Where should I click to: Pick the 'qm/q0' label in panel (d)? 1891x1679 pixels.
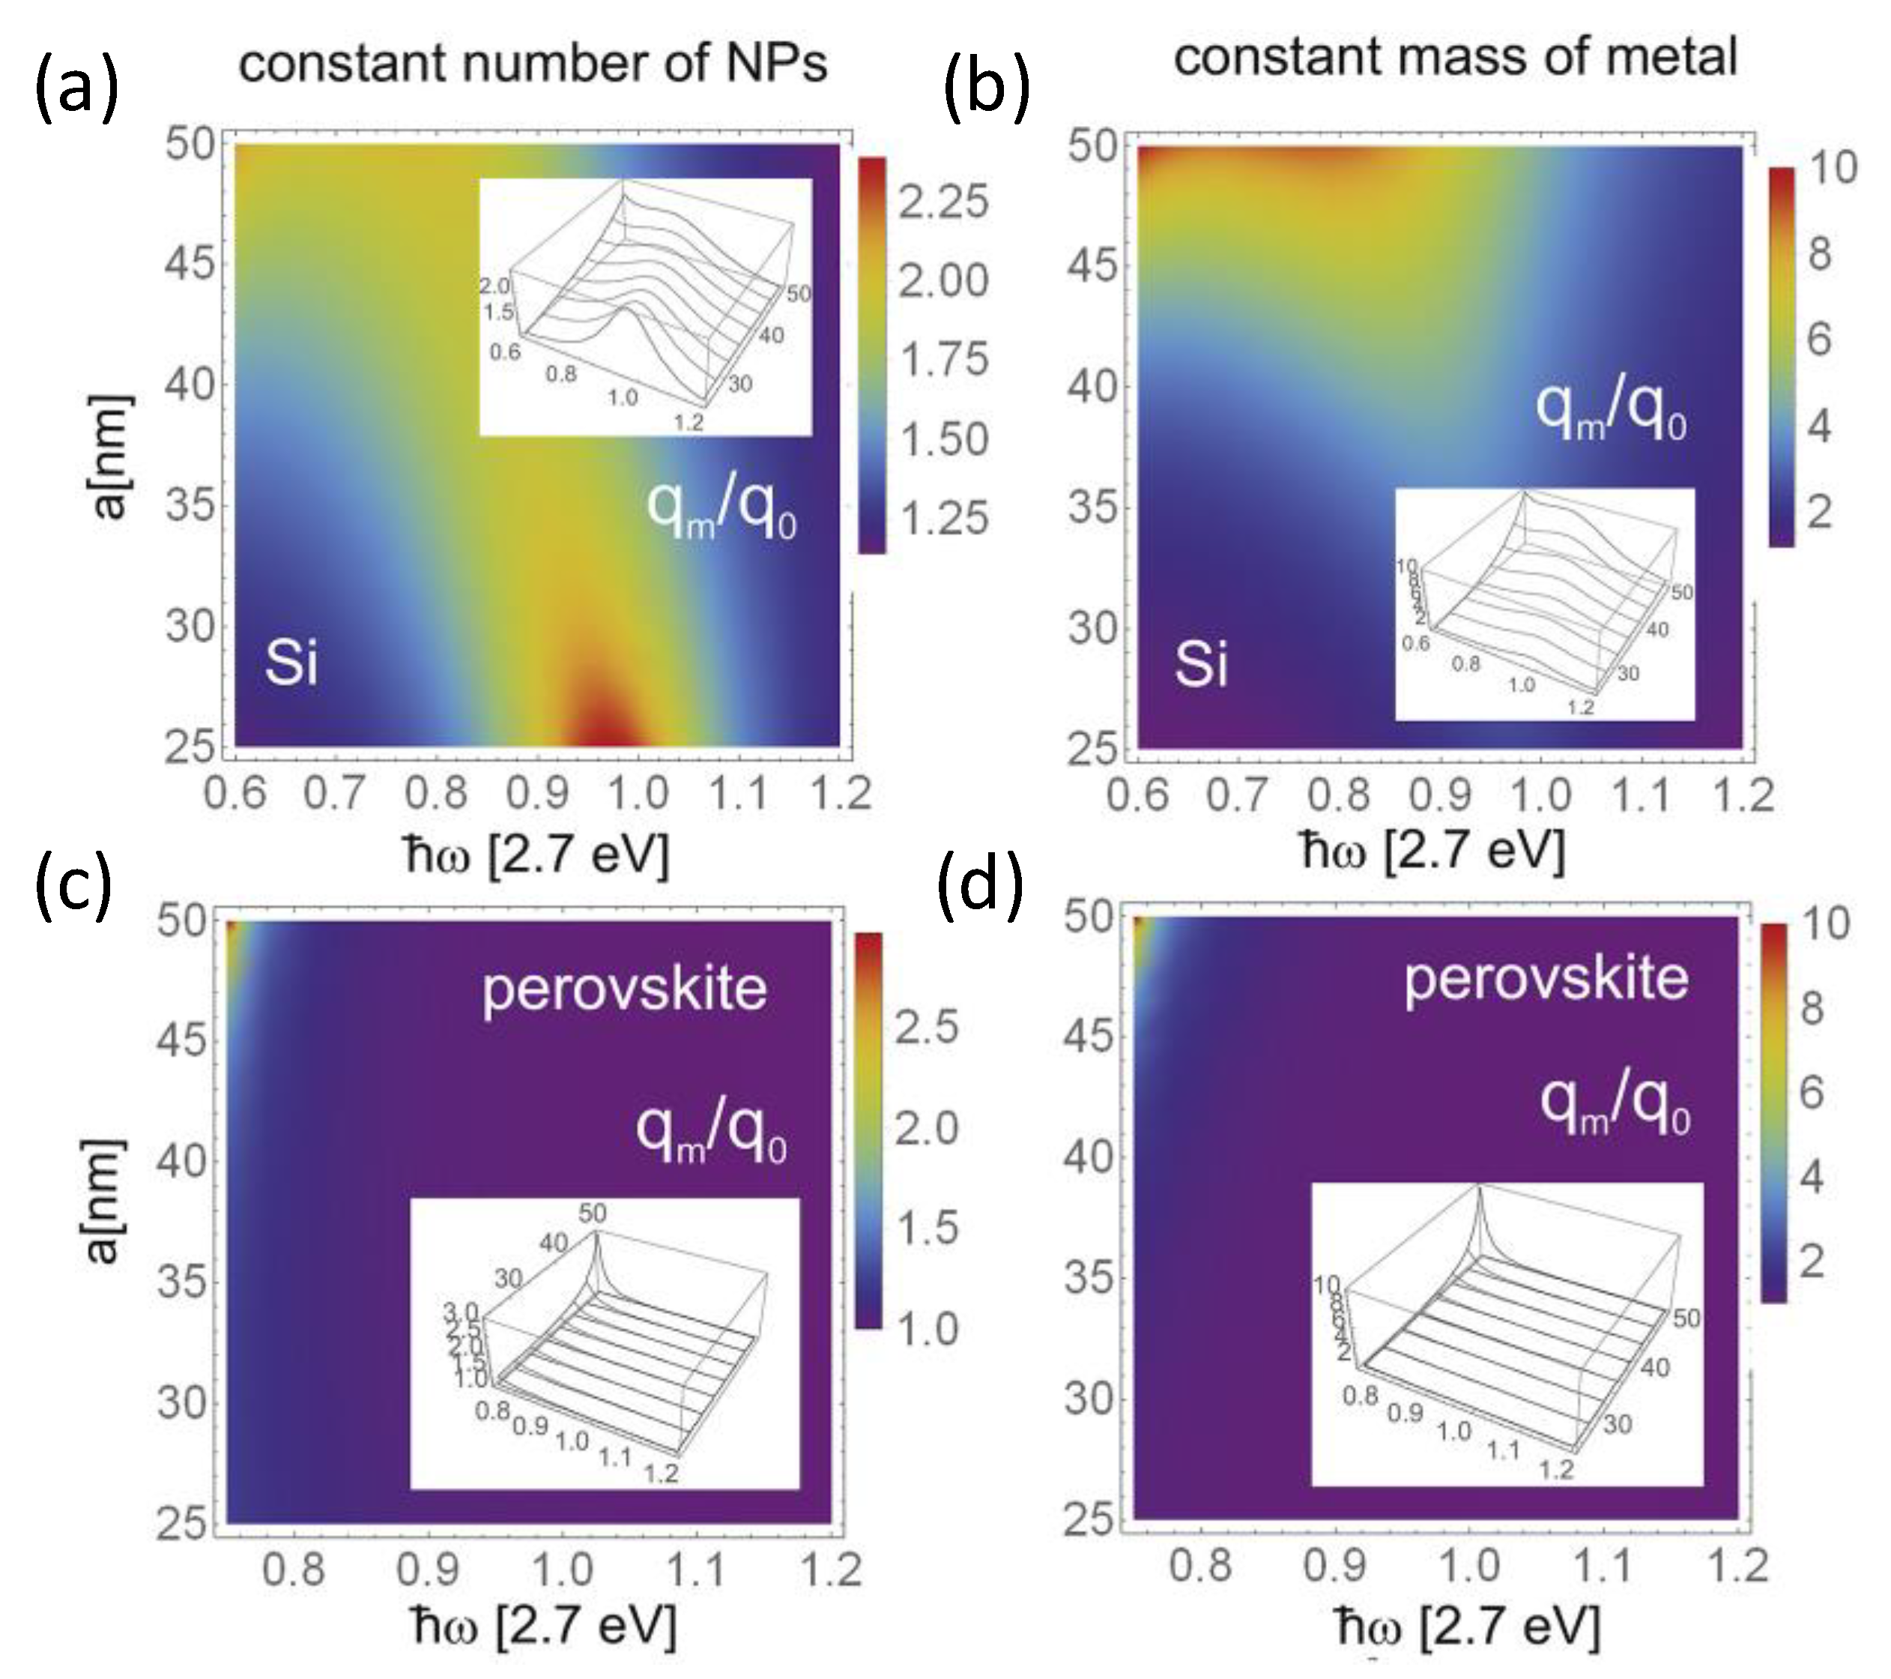[x=1615, y=1106]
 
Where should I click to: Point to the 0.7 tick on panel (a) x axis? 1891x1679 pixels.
[x=336, y=793]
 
